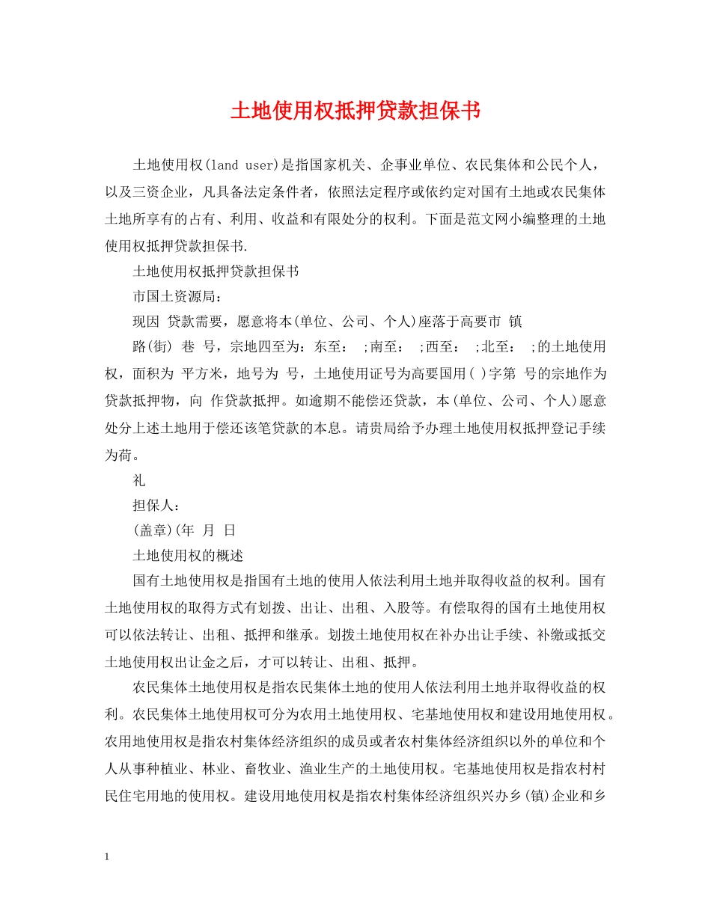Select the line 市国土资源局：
coord(166,297)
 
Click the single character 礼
coord(139,482)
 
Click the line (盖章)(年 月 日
coord(184,530)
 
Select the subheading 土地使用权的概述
coord(188,556)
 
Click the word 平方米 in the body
coord(203,373)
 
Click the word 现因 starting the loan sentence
coord(146,322)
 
